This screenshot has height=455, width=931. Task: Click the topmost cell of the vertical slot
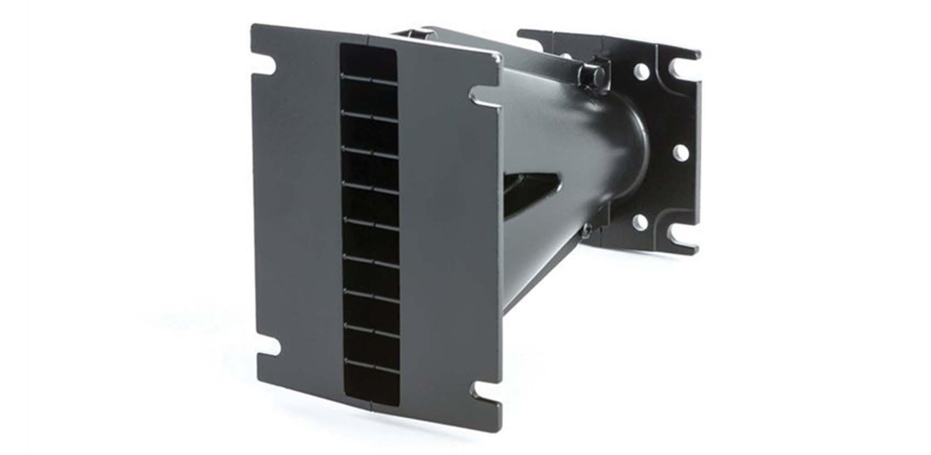(369, 60)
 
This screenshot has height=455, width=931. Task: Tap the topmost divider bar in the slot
(369, 77)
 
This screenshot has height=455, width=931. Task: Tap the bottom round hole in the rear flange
(640, 222)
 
